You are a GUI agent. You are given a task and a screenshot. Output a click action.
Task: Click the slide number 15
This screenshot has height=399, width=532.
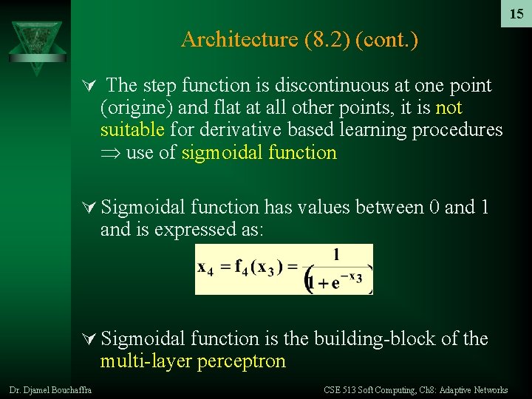516,14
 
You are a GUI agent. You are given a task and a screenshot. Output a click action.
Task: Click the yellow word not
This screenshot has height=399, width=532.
449,108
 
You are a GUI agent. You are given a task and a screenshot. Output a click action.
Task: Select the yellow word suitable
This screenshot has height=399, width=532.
132,131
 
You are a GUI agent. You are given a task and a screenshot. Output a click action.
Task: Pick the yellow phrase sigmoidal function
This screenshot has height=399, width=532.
259,153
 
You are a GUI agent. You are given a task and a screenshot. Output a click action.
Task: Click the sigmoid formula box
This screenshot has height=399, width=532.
284,269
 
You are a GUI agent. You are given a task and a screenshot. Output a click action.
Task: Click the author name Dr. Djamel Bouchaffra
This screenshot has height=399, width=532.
51,390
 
